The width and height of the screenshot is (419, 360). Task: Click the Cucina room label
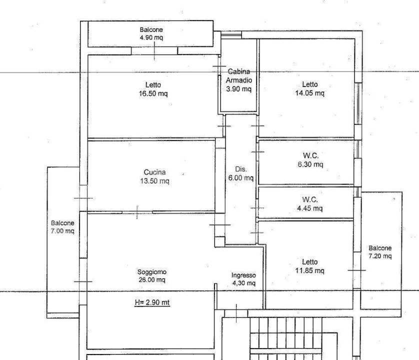[x=154, y=172]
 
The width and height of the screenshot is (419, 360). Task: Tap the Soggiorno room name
[x=152, y=272]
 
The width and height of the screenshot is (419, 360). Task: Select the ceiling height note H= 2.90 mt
[x=152, y=302]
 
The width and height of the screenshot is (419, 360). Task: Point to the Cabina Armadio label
[x=238, y=75]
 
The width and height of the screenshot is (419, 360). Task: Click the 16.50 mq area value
[x=153, y=93]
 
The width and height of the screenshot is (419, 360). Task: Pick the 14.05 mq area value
[x=309, y=93]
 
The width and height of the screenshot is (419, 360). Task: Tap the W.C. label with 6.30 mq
[x=310, y=155]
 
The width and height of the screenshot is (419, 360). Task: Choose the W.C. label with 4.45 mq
[x=310, y=199]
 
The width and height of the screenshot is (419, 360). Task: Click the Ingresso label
[x=243, y=275]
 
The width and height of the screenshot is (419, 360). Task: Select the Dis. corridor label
[x=241, y=169]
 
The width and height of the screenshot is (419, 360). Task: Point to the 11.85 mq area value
[x=309, y=270]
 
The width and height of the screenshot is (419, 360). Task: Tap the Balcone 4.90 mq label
[x=151, y=33]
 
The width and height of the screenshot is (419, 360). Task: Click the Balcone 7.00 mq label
[x=62, y=226]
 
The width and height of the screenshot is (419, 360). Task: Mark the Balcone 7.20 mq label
[x=380, y=252]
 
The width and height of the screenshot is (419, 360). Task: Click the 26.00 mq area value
[x=152, y=280]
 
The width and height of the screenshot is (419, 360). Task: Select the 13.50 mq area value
[x=154, y=181]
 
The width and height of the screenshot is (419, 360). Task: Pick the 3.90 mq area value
[x=238, y=88]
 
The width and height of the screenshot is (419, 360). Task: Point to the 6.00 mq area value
[x=241, y=177]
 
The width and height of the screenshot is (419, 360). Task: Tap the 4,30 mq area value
[x=243, y=283]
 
